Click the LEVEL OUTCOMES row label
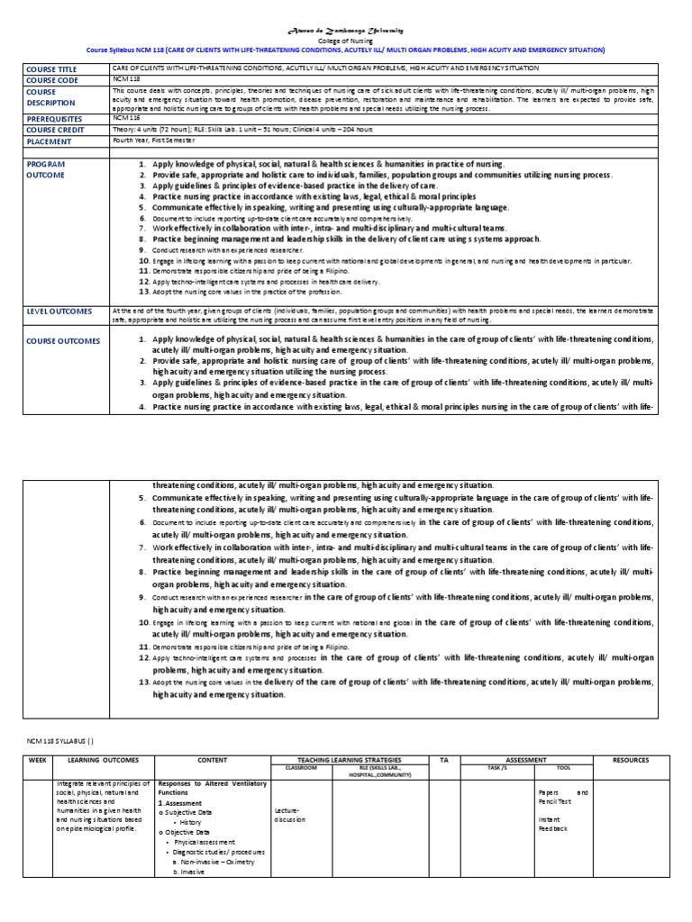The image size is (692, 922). pyautogui.click(x=59, y=312)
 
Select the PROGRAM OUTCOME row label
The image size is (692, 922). pyautogui.click(x=47, y=170)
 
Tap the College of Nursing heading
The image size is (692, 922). pyautogui.click(x=346, y=41)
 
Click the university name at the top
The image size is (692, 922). pyautogui.click(x=346, y=31)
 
